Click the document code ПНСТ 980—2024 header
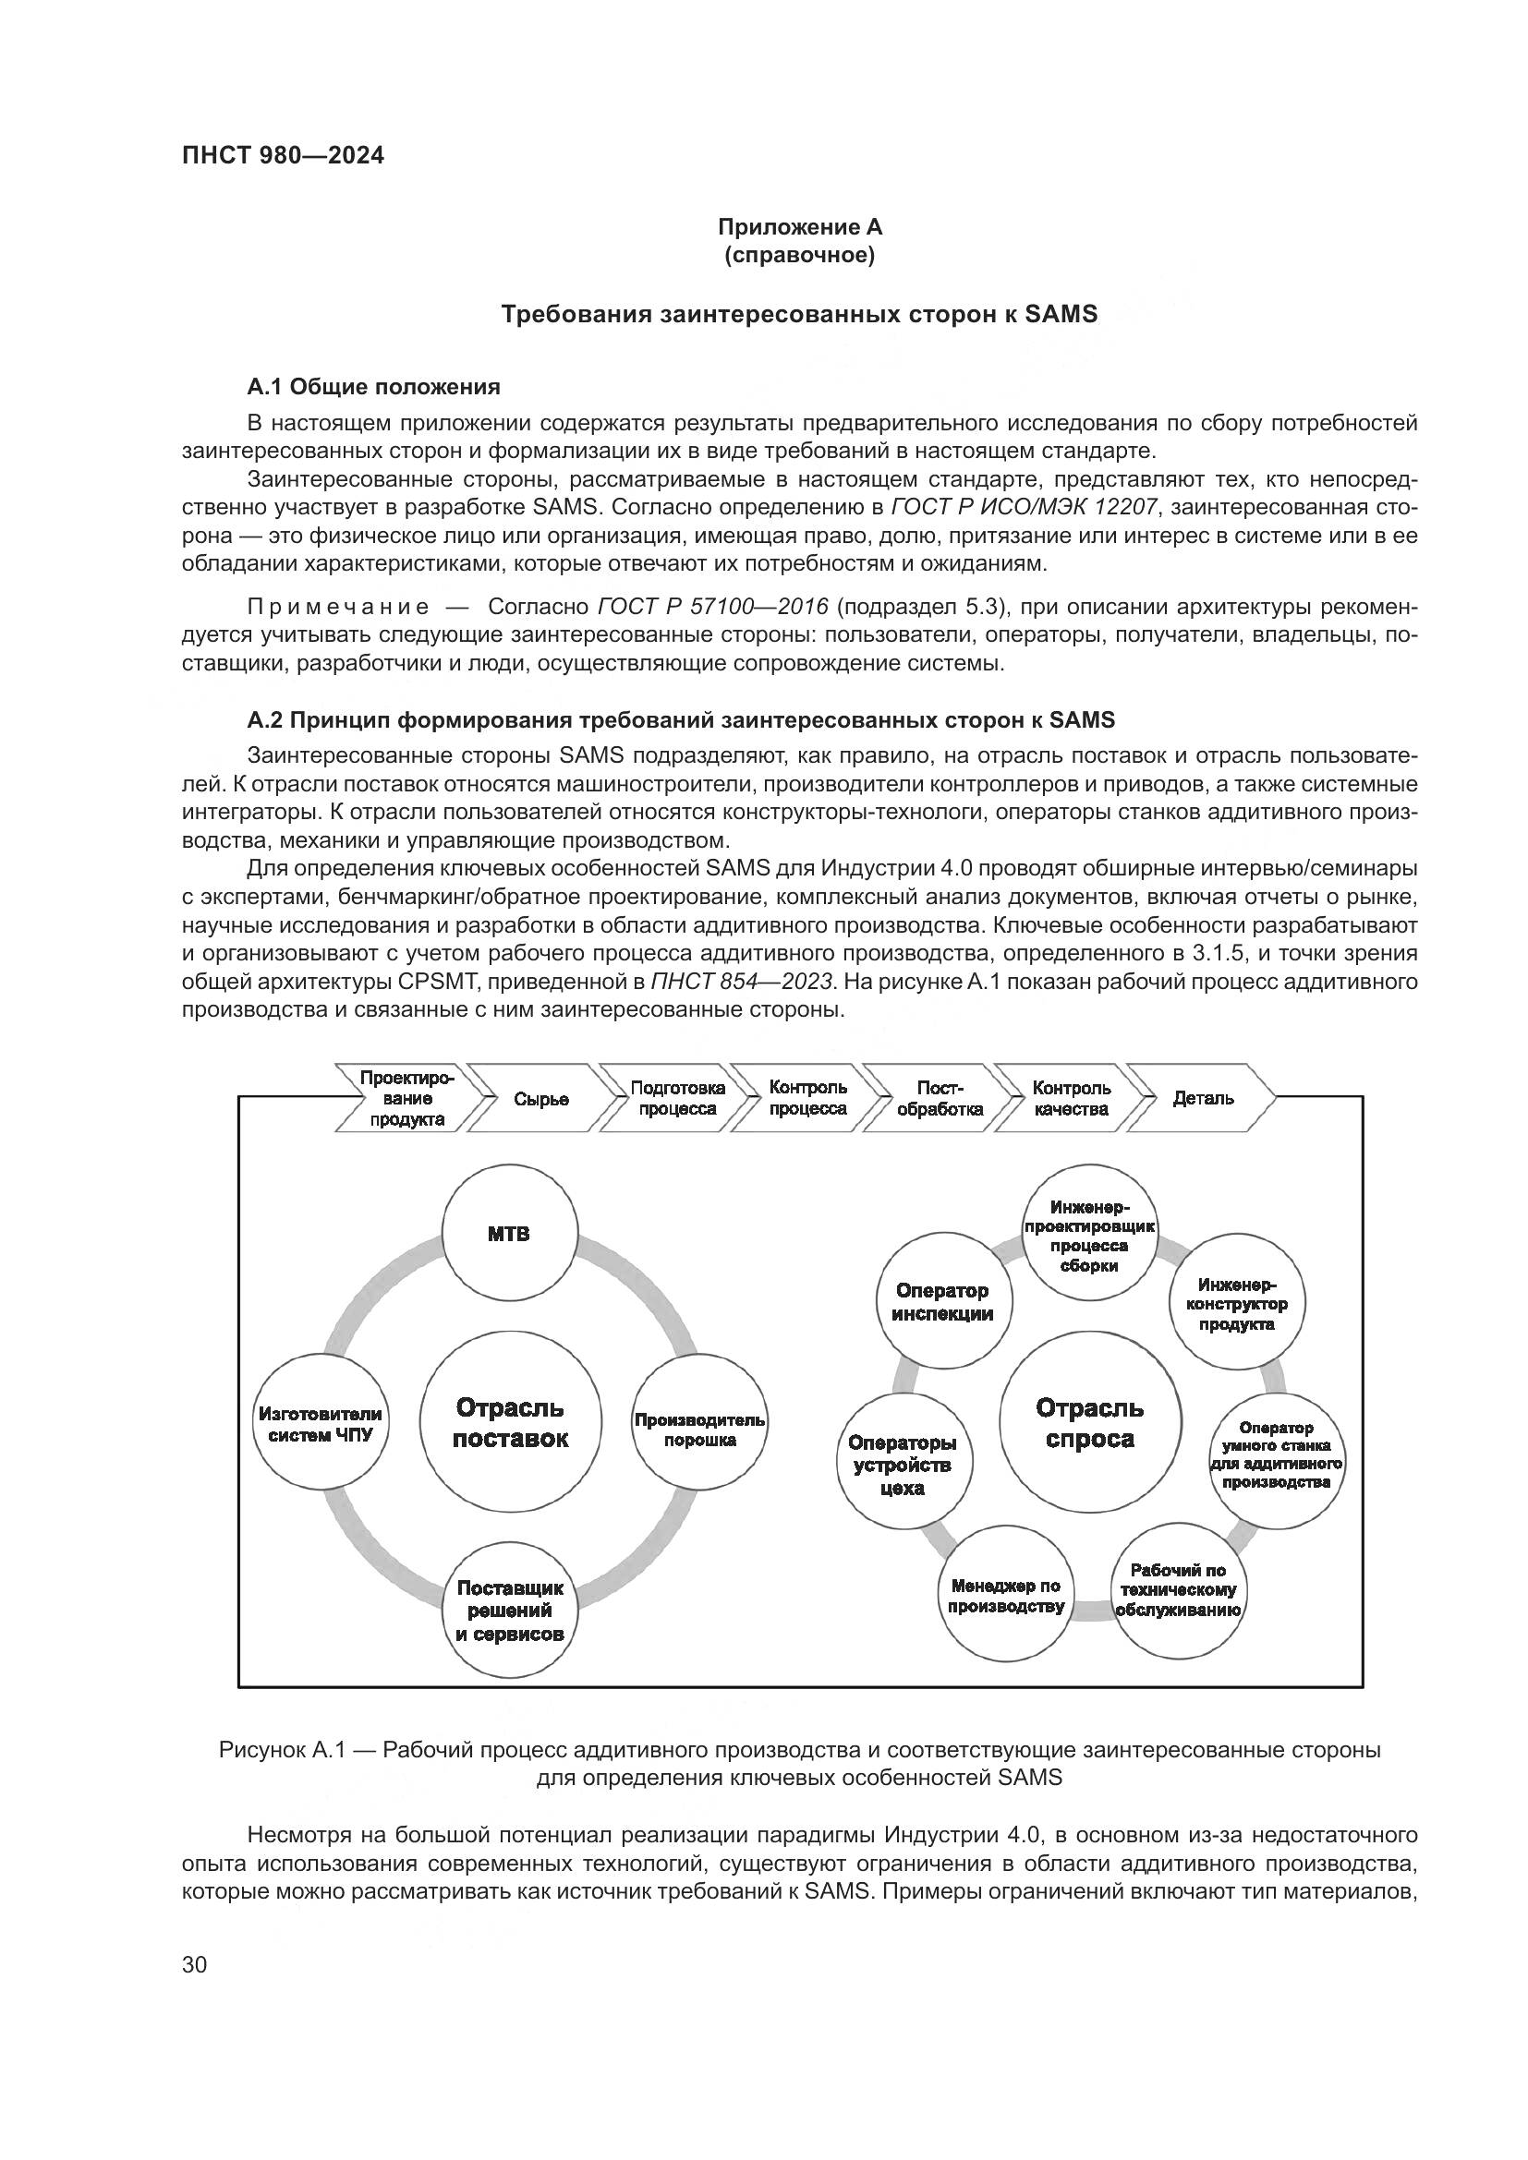coord(284,156)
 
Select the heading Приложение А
coord(800,227)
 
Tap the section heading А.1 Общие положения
coord(373,387)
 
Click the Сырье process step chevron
coord(541,1099)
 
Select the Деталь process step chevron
coord(1204,1098)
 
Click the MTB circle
coord(509,1235)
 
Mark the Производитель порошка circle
coord(699,1430)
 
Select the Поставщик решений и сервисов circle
coord(510,1611)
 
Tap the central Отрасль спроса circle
coord(1089,1423)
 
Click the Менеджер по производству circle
coord(1005,1597)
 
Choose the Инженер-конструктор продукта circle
coord(1236,1304)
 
